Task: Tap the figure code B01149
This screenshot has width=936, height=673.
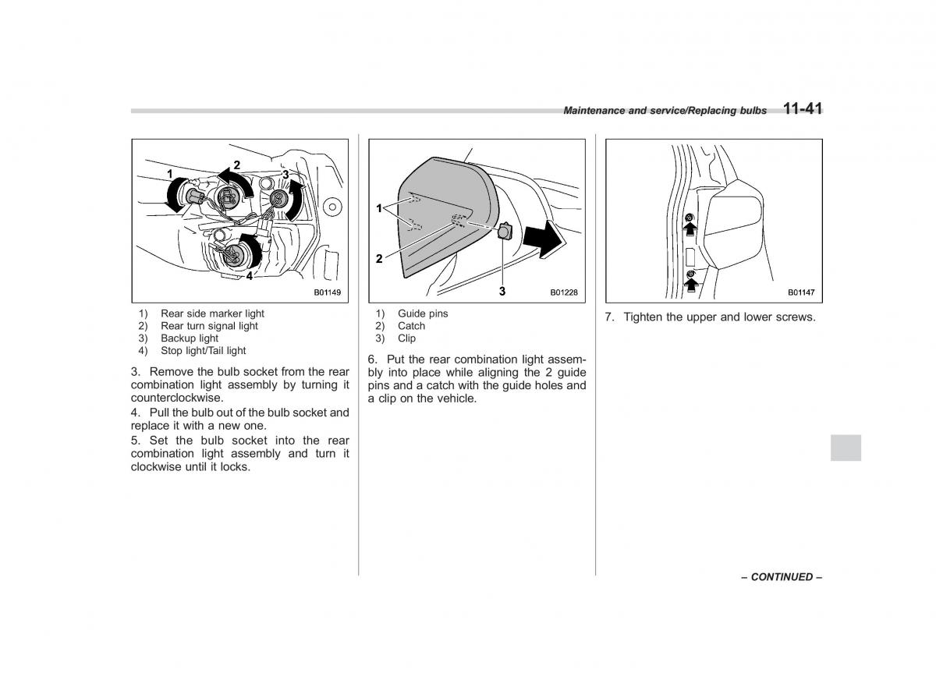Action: coord(328,293)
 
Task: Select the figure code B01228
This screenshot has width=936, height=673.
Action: coord(563,293)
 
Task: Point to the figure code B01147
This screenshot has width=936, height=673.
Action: coord(800,293)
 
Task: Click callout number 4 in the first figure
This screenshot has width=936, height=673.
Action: coord(250,276)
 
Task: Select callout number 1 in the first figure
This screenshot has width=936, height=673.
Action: coord(168,172)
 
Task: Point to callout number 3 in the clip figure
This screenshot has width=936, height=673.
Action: coord(502,291)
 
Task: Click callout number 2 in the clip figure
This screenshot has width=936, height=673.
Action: coord(379,259)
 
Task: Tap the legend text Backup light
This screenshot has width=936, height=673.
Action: coord(190,338)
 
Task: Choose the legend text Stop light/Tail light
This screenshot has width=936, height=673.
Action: coord(203,351)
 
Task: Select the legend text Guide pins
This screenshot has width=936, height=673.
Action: coord(423,313)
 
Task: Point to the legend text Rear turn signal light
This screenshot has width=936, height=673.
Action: coord(209,326)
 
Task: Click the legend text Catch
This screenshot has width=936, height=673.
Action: coord(411,326)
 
